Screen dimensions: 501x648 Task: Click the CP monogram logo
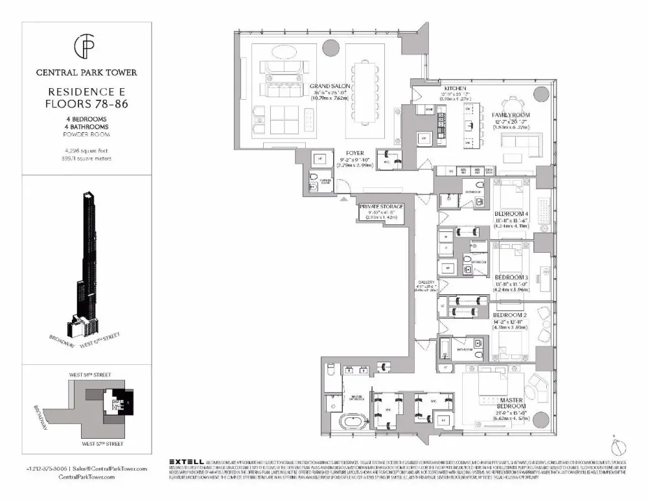tap(87, 47)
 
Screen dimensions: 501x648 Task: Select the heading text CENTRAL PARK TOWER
tap(87, 73)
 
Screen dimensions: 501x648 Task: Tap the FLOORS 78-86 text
tap(87, 103)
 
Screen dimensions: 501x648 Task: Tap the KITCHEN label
tap(456, 87)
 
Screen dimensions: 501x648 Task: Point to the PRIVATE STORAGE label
tap(382, 206)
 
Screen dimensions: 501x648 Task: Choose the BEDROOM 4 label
tap(510, 214)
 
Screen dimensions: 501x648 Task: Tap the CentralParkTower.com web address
tap(87, 476)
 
